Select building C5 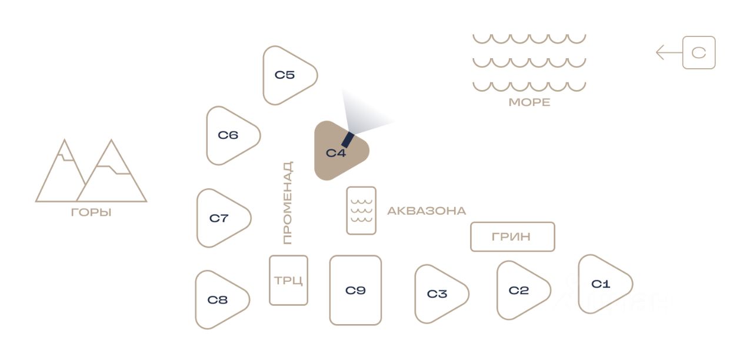click(286, 75)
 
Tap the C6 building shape click(229, 135)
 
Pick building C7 click(220, 218)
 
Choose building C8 click(219, 299)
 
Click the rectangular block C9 click(355, 290)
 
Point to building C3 click(438, 294)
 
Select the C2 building click(519, 290)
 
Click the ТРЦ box click(288, 280)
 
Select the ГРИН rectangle click(512, 236)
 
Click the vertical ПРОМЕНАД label click(287, 203)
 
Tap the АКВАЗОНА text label click(427, 211)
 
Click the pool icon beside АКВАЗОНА click(361, 211)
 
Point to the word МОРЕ click(529, 102)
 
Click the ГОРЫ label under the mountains click(91, 212)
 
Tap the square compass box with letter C click(699, 53)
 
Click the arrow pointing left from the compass click(668, 53)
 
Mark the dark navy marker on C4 click(348, 139)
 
